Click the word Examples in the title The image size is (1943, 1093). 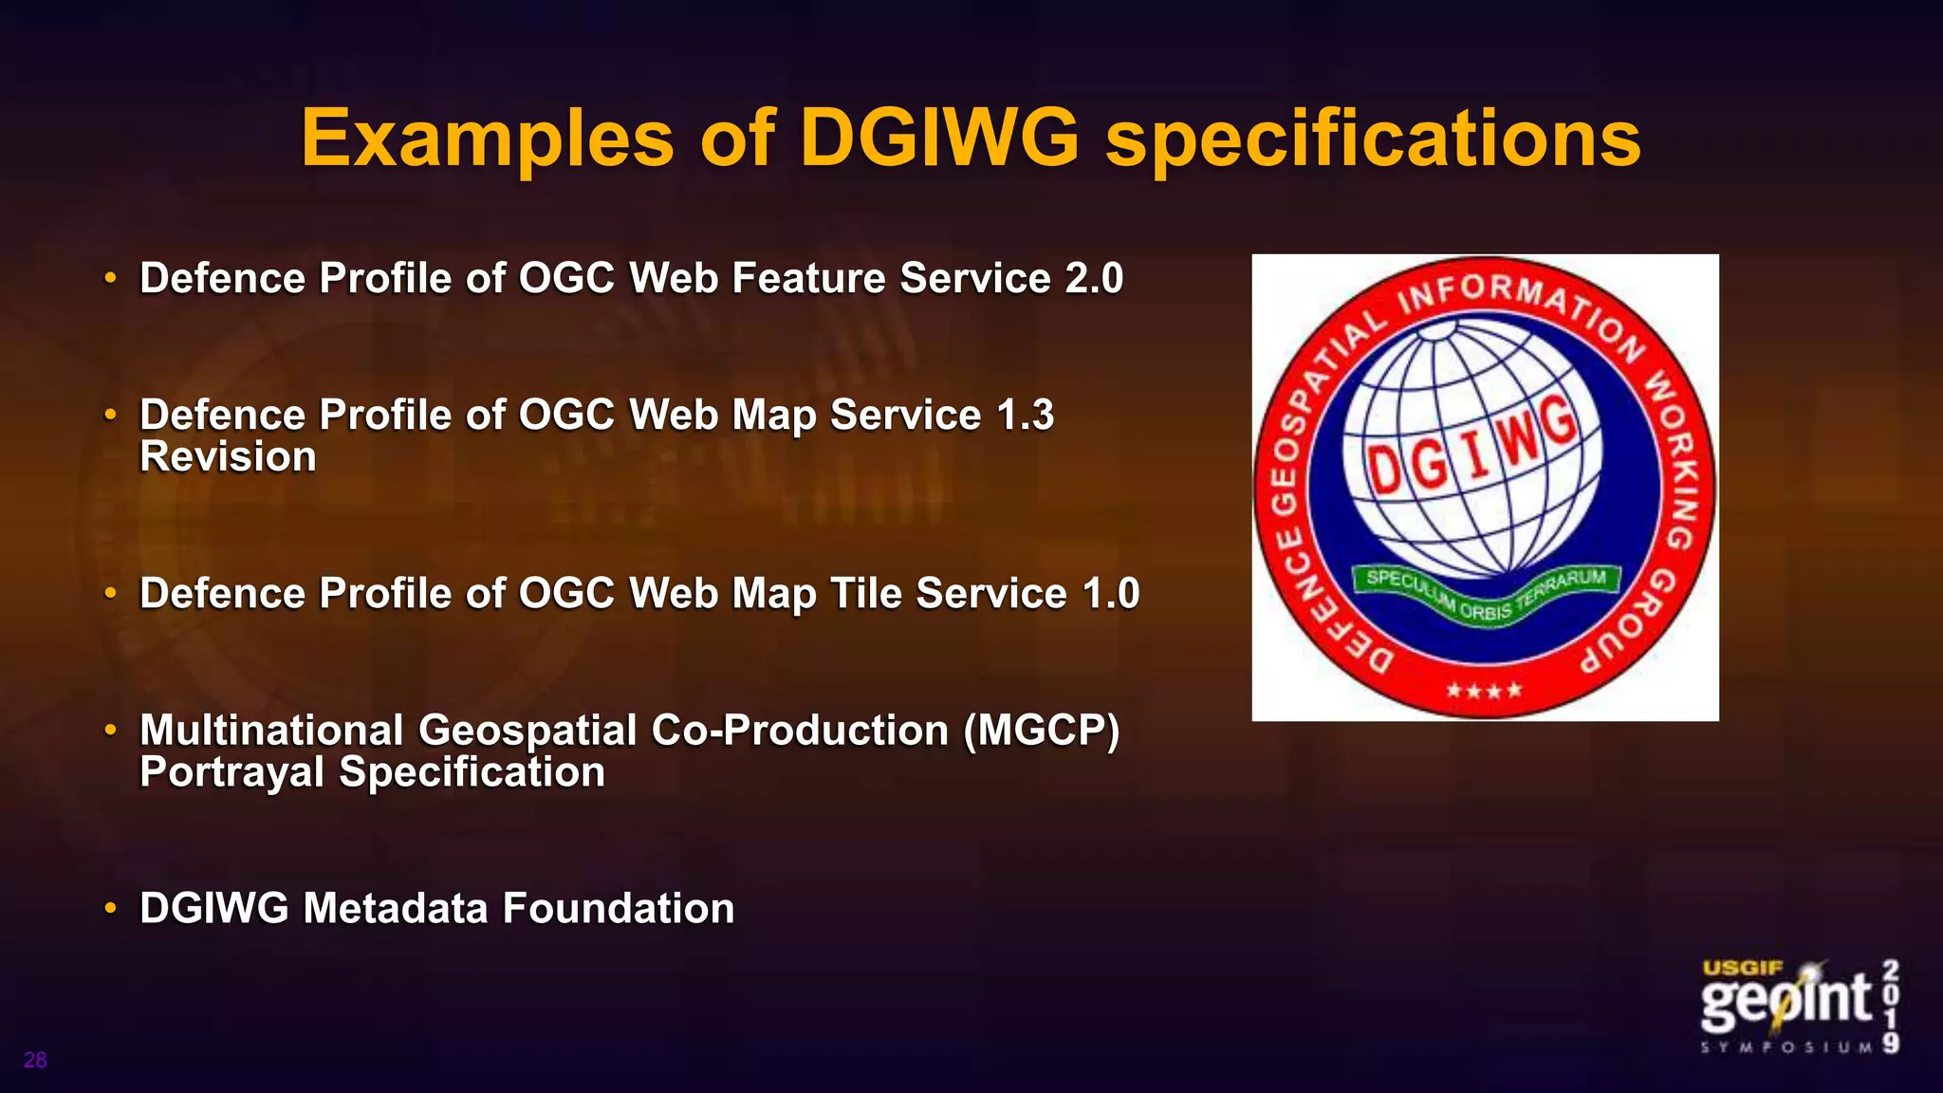pyautogui.click(x=488, y=139)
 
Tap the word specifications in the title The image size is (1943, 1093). pyautogui.click(x=1373, y=139)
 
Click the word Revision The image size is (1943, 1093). pyautogui.click(x=228, y=457)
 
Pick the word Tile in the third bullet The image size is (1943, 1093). pyautogui.click(x=866, y=594)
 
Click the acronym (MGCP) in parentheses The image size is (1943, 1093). pyautogui.click(x=1041, y=731)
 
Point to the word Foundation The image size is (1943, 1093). pyautogui.click(x=619, y=909)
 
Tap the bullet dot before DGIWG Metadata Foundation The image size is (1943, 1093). pyautogui.click(x=111, y=909)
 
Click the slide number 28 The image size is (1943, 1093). pyautogui.click(x=35, y=1060)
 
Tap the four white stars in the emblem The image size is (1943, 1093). pyautogui.click(x=1484, y=690)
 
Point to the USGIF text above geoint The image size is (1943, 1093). pyautogui.click(x=1743, y=968)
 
